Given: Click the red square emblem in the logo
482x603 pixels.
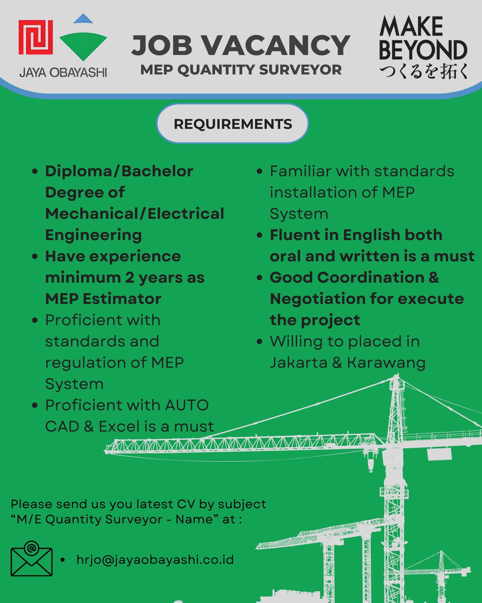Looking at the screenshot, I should [36, 37].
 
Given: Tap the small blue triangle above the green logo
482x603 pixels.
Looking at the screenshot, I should [83, 19].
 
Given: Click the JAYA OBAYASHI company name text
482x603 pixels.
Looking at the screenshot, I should [63, 73].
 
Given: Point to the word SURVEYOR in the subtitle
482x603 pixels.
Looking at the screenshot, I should [300, 70].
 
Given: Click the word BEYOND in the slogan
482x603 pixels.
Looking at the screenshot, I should [423, 50].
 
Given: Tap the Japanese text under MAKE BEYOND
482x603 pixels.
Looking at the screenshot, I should [424, 72].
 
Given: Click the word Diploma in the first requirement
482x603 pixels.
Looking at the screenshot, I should [79, 172].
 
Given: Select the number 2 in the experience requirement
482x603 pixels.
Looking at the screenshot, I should [130, 277].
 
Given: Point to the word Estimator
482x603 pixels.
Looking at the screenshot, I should [122, 299].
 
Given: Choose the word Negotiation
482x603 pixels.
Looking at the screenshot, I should [318, 299].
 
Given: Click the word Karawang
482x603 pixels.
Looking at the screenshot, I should [386, 363].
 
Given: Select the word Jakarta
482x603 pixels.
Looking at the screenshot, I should [299, 363].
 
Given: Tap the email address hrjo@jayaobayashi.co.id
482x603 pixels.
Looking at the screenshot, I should [155, 560].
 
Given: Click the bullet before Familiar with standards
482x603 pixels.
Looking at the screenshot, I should [259, 171].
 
